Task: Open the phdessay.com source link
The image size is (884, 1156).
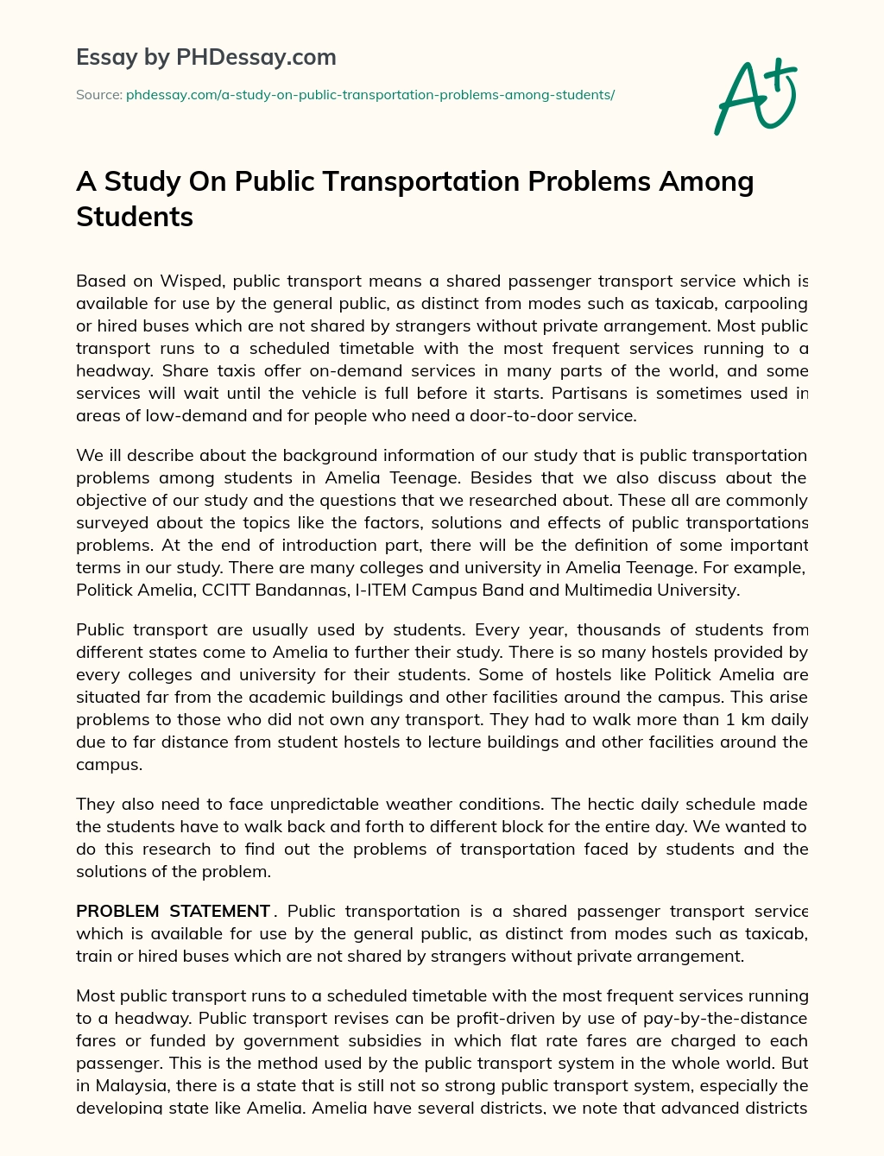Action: coord(369,95)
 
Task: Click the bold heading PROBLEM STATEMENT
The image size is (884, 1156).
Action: coord(173,912)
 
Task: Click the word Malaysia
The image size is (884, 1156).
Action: coord(134,1086)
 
